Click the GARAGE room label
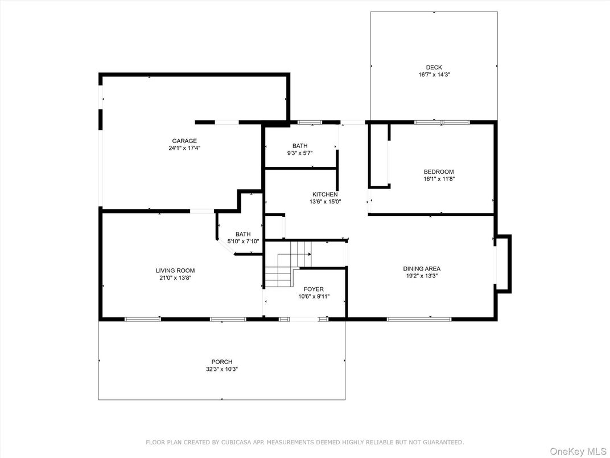pyautogui.click(x=184, y=141)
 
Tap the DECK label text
pyautogui.click(x=434, y=67)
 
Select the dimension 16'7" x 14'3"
pyautogui.click(x=434, y=75)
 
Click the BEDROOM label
pyautogui.click(x=439, y=172)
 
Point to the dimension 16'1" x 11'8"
pyautogui.click(x=439, y=179)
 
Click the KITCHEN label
pyautogui.click(x=325, y=194)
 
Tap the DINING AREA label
pyautogui.click(x=422, y=269)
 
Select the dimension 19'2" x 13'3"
pyautogui.click(x=422, y=276)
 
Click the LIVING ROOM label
pyautogui.click(x=175, y=271)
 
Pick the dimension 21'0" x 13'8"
pyautogui.click(x=175, y=278)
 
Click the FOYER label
pyautogui.click(x=314, y=289)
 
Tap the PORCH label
pyautogui.click(x=222, y=362)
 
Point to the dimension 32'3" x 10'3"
pyautogui.click(x=222, y=369)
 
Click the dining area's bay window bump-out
pyautogui.click(x=503, y=264)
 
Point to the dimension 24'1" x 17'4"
pyautogui.click(x=184, y=148)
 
